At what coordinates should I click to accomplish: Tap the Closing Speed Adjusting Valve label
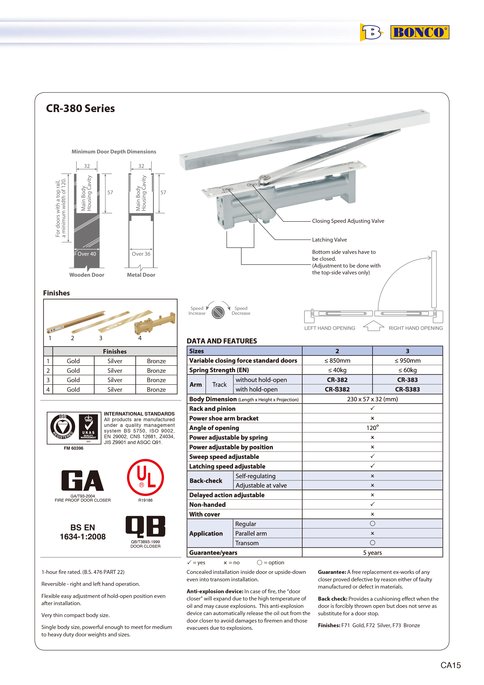point(348,221)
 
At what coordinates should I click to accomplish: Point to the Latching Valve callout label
point(329,240)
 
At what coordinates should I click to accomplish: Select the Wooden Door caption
point(87,275)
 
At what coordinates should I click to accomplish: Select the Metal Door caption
point(141,275)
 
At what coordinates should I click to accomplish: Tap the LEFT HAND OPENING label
point(329,328)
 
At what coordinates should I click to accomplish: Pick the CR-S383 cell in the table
point(407,389)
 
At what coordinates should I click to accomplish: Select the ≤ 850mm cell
point(337,361)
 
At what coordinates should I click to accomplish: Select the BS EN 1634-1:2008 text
point(83,532)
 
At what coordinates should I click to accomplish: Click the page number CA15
point(450,665)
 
